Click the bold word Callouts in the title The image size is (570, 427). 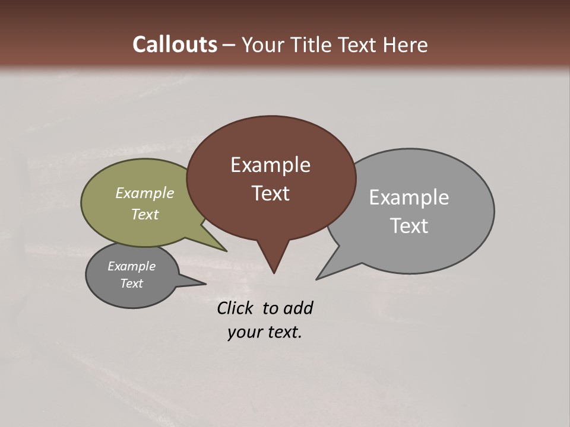pos(175,44)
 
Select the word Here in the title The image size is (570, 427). pos(407,44)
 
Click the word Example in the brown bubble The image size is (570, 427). pos(270,165)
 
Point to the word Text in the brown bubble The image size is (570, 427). pos(270,193)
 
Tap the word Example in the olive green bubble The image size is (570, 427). pos(145,193)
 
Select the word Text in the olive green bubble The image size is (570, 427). pos(145,214)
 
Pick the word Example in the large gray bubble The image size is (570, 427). pos(408,197)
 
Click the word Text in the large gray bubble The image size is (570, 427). pos(409,226)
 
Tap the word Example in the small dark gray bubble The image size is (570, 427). pos(131,266)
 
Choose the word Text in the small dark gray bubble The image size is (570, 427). pos(131,283)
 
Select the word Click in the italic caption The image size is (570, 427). pos(236,308)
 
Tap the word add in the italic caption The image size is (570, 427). pos(298,308)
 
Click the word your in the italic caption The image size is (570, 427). pos(245,332)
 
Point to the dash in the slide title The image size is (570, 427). pos(230,45)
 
